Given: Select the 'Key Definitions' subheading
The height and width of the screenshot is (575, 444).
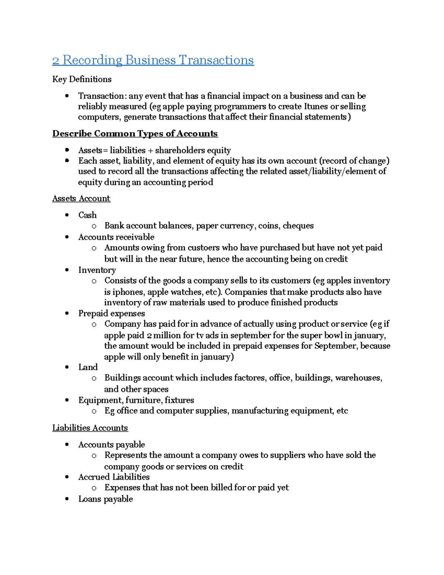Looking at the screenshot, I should (x=82, y=79).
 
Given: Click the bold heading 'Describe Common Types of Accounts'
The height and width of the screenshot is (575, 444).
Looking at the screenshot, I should (x=135, y=134).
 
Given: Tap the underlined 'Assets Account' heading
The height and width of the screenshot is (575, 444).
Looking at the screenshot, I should (x=81, y=198).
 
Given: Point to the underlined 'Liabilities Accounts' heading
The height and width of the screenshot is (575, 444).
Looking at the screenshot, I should (x=90, y=428).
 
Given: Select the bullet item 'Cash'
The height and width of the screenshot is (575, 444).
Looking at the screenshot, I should (x=87, y=215).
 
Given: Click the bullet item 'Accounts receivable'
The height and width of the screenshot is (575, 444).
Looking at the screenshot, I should (x=116, y=237).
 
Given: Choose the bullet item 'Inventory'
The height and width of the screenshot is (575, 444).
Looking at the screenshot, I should (x=97, y=270).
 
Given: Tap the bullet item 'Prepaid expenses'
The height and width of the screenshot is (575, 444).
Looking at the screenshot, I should (x=111, y=314).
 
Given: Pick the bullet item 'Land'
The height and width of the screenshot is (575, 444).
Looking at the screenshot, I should (x=88, y=367).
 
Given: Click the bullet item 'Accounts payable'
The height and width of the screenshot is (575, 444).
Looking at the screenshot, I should (x=111, y=445).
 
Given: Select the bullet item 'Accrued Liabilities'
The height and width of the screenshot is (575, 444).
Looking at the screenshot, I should (x=114, y=477).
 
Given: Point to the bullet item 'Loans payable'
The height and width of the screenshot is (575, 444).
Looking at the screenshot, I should (x=105, y=499).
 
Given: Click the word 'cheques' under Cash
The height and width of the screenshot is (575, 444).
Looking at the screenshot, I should (x=298, y=226).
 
